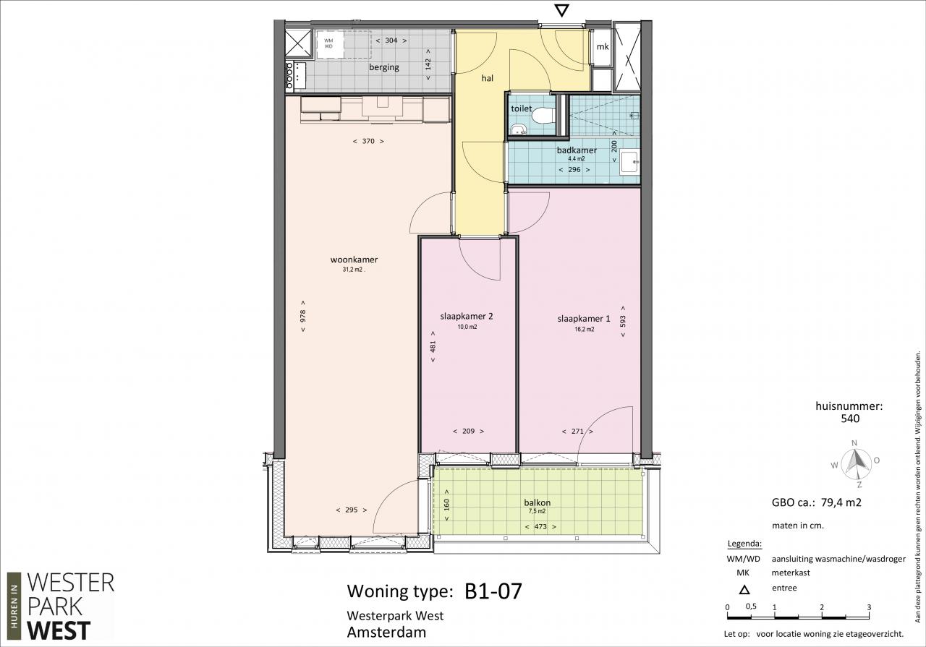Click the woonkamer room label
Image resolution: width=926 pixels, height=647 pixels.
(354, 260)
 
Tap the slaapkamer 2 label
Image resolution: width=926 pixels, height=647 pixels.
(467, 317)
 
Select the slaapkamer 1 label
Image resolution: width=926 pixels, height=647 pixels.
(584, 319)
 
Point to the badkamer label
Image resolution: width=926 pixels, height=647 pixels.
(577, 150)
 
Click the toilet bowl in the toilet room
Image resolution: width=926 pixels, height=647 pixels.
(543, 115)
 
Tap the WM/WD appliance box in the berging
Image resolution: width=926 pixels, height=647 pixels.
(331, 43)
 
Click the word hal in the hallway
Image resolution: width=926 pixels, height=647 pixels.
(488, 78)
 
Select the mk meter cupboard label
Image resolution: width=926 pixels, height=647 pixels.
(603, 47)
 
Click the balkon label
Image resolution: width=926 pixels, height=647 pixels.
(537, 502)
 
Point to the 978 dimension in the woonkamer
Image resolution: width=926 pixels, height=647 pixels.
(303, 316)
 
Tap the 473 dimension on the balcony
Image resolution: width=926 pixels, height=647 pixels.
(540, 526)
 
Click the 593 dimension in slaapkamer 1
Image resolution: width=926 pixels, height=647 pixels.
(623, 322)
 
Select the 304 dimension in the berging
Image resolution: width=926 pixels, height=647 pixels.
(391, 40)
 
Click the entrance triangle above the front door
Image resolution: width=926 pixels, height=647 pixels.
(562, 11)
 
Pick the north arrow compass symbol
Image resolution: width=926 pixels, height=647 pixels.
(856, 463)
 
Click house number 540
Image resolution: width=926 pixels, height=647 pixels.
(850, 419)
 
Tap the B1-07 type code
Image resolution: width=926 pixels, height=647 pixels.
(493, 591)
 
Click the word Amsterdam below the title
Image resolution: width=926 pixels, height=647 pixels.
(386, 632)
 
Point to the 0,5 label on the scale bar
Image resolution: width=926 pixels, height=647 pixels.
(751, 606)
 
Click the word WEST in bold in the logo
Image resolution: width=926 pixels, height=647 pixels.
(59, 630)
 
